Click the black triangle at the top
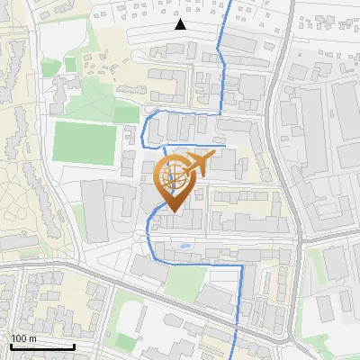click(x=181, y=24)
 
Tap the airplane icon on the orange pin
click(x=201, y=163)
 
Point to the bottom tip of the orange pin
click(x=172, y=212)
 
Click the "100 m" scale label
click(x=23, y=338)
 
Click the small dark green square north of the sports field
click(x=70, y=66)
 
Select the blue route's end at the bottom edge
click(x=236, y=357)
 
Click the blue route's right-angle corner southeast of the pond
click(x=239, y=265)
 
